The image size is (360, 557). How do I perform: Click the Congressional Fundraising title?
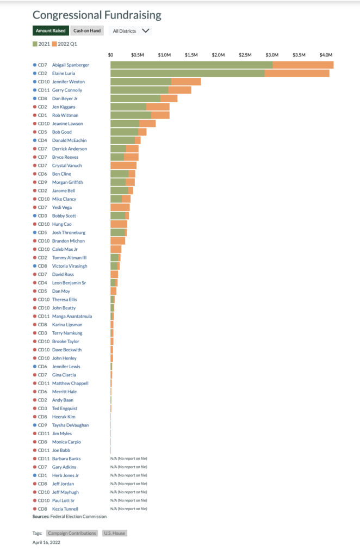point(97,15)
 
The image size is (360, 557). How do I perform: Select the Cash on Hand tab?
point(87,31)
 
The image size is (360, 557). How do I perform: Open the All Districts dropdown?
point(131,31)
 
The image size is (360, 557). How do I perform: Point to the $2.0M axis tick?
point(218,55)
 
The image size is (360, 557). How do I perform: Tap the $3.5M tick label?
point(299,55)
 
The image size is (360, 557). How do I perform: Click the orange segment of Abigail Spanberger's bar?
point(303,65)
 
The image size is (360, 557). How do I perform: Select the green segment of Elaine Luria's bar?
point(188,73)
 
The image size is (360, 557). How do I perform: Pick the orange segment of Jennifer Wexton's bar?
point(186,82)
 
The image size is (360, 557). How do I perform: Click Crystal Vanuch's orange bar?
point(123,165)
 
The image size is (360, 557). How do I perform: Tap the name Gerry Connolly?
point(67,90)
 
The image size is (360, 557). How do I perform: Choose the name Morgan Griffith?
point(67,182)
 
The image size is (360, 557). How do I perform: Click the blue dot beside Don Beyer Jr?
point(35,98)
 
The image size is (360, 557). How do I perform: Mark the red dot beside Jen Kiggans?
point(35,107)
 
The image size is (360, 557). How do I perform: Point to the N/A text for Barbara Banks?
point(128,459)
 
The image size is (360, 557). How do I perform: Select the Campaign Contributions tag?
point(72,533)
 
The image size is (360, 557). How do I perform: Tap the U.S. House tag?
point(114,533)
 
